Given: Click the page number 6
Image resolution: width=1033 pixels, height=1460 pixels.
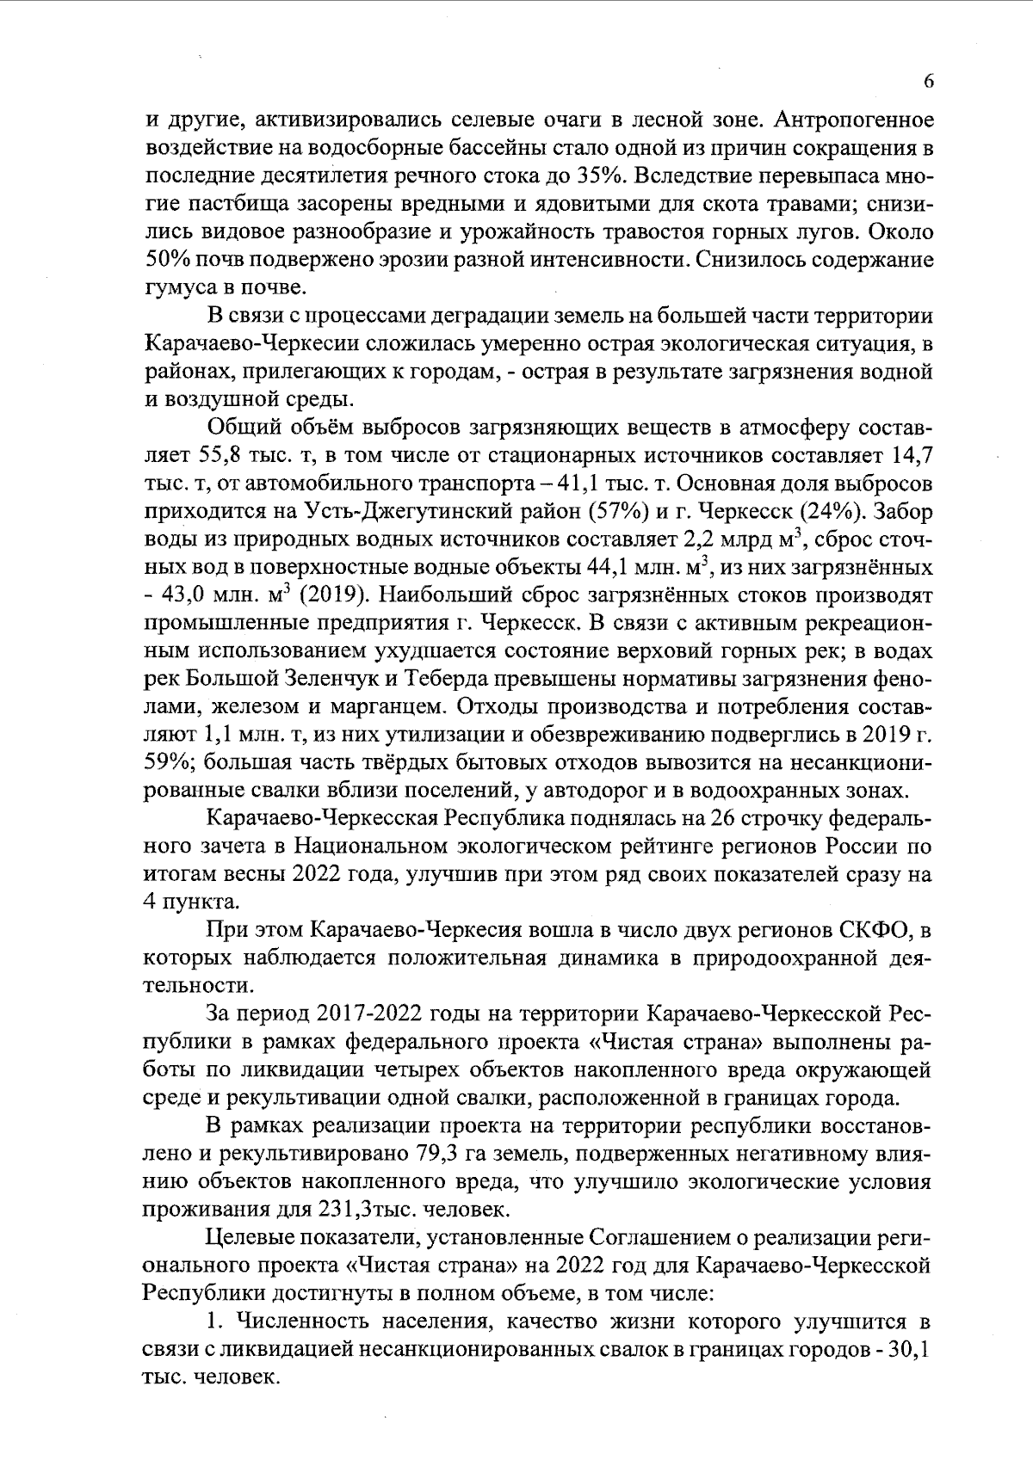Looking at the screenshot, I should point(928,82).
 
